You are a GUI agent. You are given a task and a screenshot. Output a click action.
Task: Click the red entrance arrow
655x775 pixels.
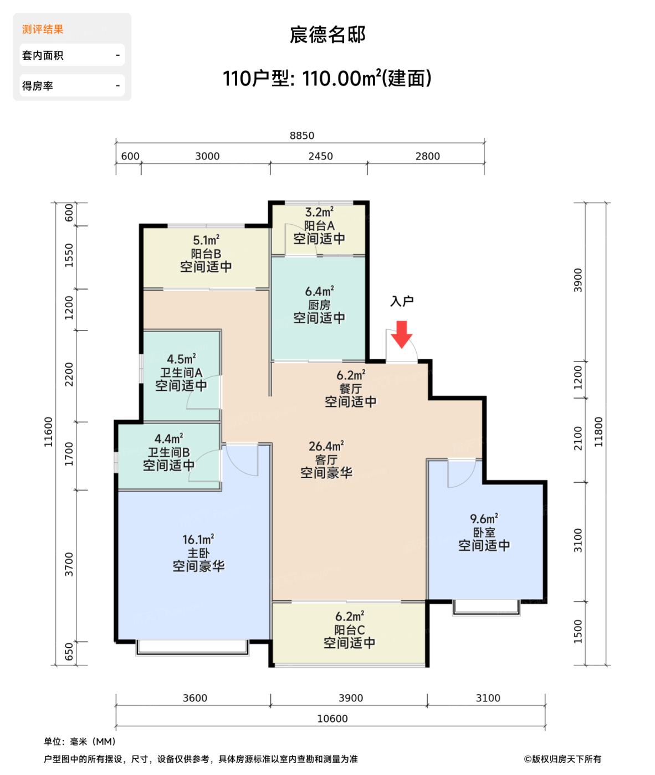402,334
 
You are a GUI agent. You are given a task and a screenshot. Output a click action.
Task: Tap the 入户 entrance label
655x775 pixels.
402,301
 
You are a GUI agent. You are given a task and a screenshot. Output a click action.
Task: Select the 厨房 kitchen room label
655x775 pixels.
319,305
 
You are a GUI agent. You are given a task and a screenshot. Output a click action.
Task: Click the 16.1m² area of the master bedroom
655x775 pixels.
198,539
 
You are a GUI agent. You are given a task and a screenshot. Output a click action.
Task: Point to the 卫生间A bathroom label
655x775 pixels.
181,373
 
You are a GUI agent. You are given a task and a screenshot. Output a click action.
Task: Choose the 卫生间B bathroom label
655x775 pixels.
168,452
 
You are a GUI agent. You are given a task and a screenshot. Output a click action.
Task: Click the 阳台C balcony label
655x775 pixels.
350,630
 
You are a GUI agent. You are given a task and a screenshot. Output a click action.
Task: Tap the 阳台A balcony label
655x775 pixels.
319,226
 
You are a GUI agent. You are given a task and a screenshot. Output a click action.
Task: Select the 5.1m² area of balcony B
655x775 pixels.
206,240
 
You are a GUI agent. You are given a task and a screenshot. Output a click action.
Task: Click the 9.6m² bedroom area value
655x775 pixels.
484,519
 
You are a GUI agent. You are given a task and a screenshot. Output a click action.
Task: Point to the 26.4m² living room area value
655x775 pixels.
326,446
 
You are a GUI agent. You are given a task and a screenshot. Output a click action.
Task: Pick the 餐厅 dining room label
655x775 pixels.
350,389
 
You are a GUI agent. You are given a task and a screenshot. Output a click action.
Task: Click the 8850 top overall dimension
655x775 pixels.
302,136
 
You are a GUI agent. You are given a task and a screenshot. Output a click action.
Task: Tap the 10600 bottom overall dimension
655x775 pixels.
332,719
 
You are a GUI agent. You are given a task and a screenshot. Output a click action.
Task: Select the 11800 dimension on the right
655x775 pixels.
598,432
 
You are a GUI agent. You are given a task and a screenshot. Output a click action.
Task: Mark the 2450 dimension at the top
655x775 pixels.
320,156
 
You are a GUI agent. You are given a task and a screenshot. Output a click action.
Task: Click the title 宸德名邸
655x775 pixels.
327,35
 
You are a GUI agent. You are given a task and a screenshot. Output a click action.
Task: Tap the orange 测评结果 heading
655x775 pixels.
43,29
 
